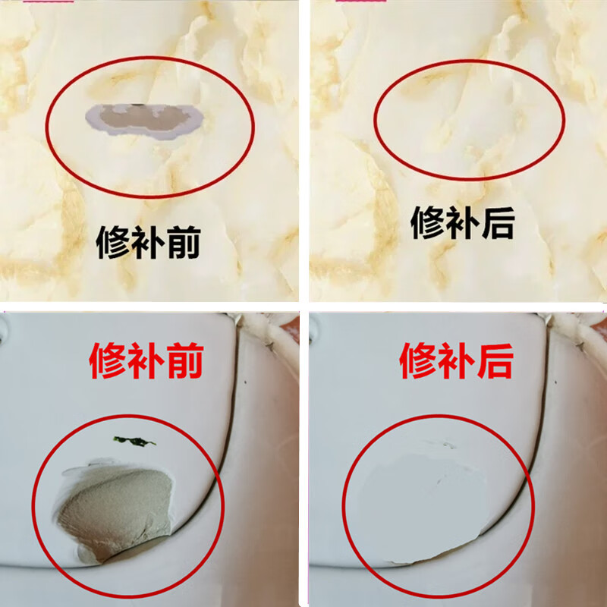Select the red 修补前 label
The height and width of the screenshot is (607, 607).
point(146,363)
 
